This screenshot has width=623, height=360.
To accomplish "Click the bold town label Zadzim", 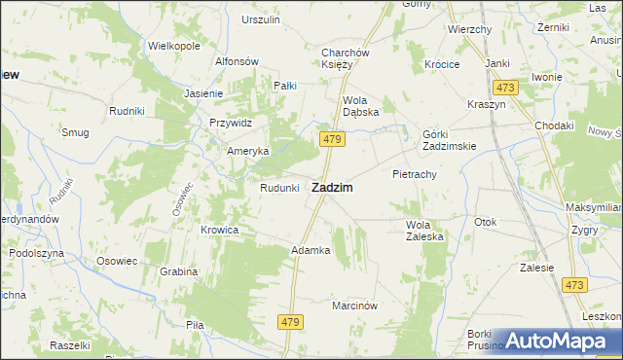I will pos(331,187).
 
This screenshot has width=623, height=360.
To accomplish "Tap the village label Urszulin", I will pos(260,19).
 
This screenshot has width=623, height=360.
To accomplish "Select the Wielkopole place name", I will pos(173,46).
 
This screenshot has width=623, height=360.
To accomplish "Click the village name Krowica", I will pos(220,230).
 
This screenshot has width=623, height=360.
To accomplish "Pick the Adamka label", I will pos(311,250).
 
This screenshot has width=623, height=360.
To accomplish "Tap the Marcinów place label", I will pos(354,305).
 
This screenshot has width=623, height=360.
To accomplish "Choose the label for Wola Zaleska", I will pos(424,230).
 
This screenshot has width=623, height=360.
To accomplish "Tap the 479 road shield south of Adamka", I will pos(291,320).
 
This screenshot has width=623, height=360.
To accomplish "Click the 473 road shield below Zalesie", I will pos(574,285).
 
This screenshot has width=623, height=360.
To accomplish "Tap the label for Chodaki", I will pos(554,126).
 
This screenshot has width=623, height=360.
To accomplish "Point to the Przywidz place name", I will pos(231,123).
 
